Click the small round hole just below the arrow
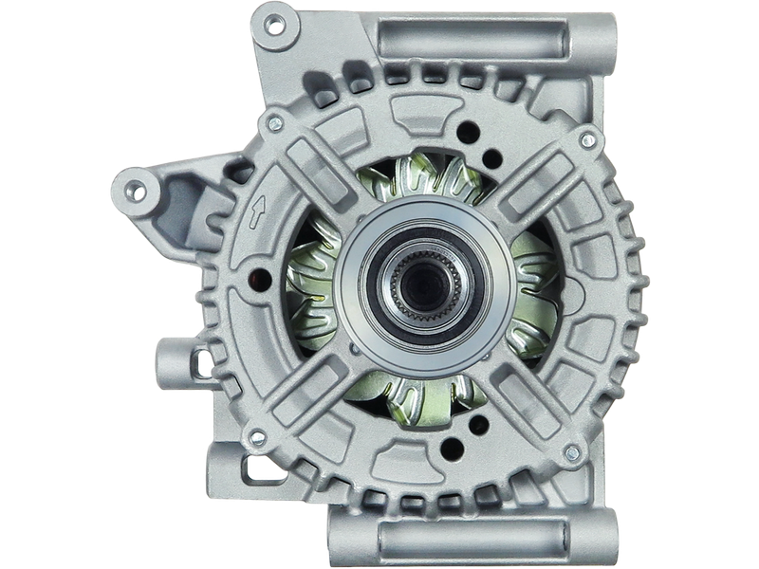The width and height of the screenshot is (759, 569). click(258, 278)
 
